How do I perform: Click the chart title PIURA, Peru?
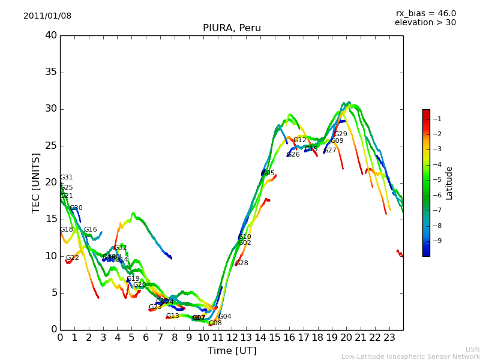pos(232,28)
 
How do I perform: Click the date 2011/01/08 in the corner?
pos(47,16)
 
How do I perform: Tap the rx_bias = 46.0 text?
pos(425,14)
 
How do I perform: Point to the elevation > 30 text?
pos(425,23)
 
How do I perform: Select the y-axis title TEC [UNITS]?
pos(36,182)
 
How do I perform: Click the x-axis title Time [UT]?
pos(232,351)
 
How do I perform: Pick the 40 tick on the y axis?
pos(51,35)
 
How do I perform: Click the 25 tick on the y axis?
pos(51,146)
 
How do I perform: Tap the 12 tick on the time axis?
pos(232,337)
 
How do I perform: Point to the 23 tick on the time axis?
pos(389,337)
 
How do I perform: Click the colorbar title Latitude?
pos(449,183)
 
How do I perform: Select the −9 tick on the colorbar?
pos(437,241)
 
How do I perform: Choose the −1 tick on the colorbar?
pos(437,119)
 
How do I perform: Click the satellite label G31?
pos(67,178)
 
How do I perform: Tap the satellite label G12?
pos(300,140)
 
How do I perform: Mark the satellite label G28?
pos(242,263)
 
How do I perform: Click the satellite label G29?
pos(341,134)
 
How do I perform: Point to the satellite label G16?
pos(91,230)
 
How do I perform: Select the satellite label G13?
pos(173,316)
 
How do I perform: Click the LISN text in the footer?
pos(472,349)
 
